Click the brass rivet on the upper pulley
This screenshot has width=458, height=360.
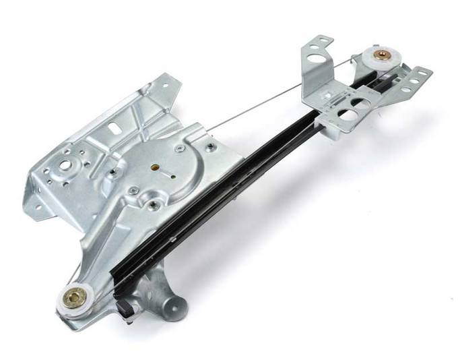coord(382,56)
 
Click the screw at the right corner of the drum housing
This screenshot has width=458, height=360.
coord(211,148)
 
